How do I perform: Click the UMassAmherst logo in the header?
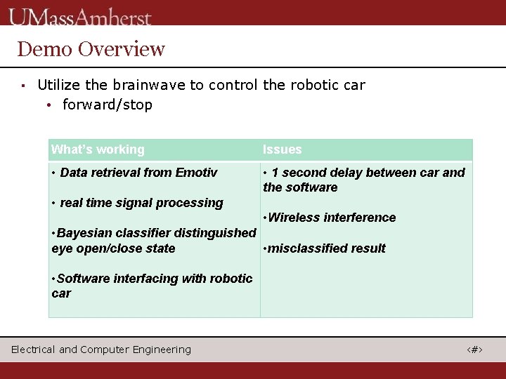[80, 16]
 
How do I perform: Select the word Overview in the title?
[122, 49]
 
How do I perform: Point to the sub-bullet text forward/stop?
[108, 105]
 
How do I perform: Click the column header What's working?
[98, 149]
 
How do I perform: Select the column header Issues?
[282, 149]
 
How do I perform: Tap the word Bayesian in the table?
[83, 232]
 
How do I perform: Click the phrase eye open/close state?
[113, 248]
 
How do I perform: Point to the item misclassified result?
[325, 248]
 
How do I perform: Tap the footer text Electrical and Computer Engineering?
[100, 350]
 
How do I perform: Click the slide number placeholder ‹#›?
[475, 350]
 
